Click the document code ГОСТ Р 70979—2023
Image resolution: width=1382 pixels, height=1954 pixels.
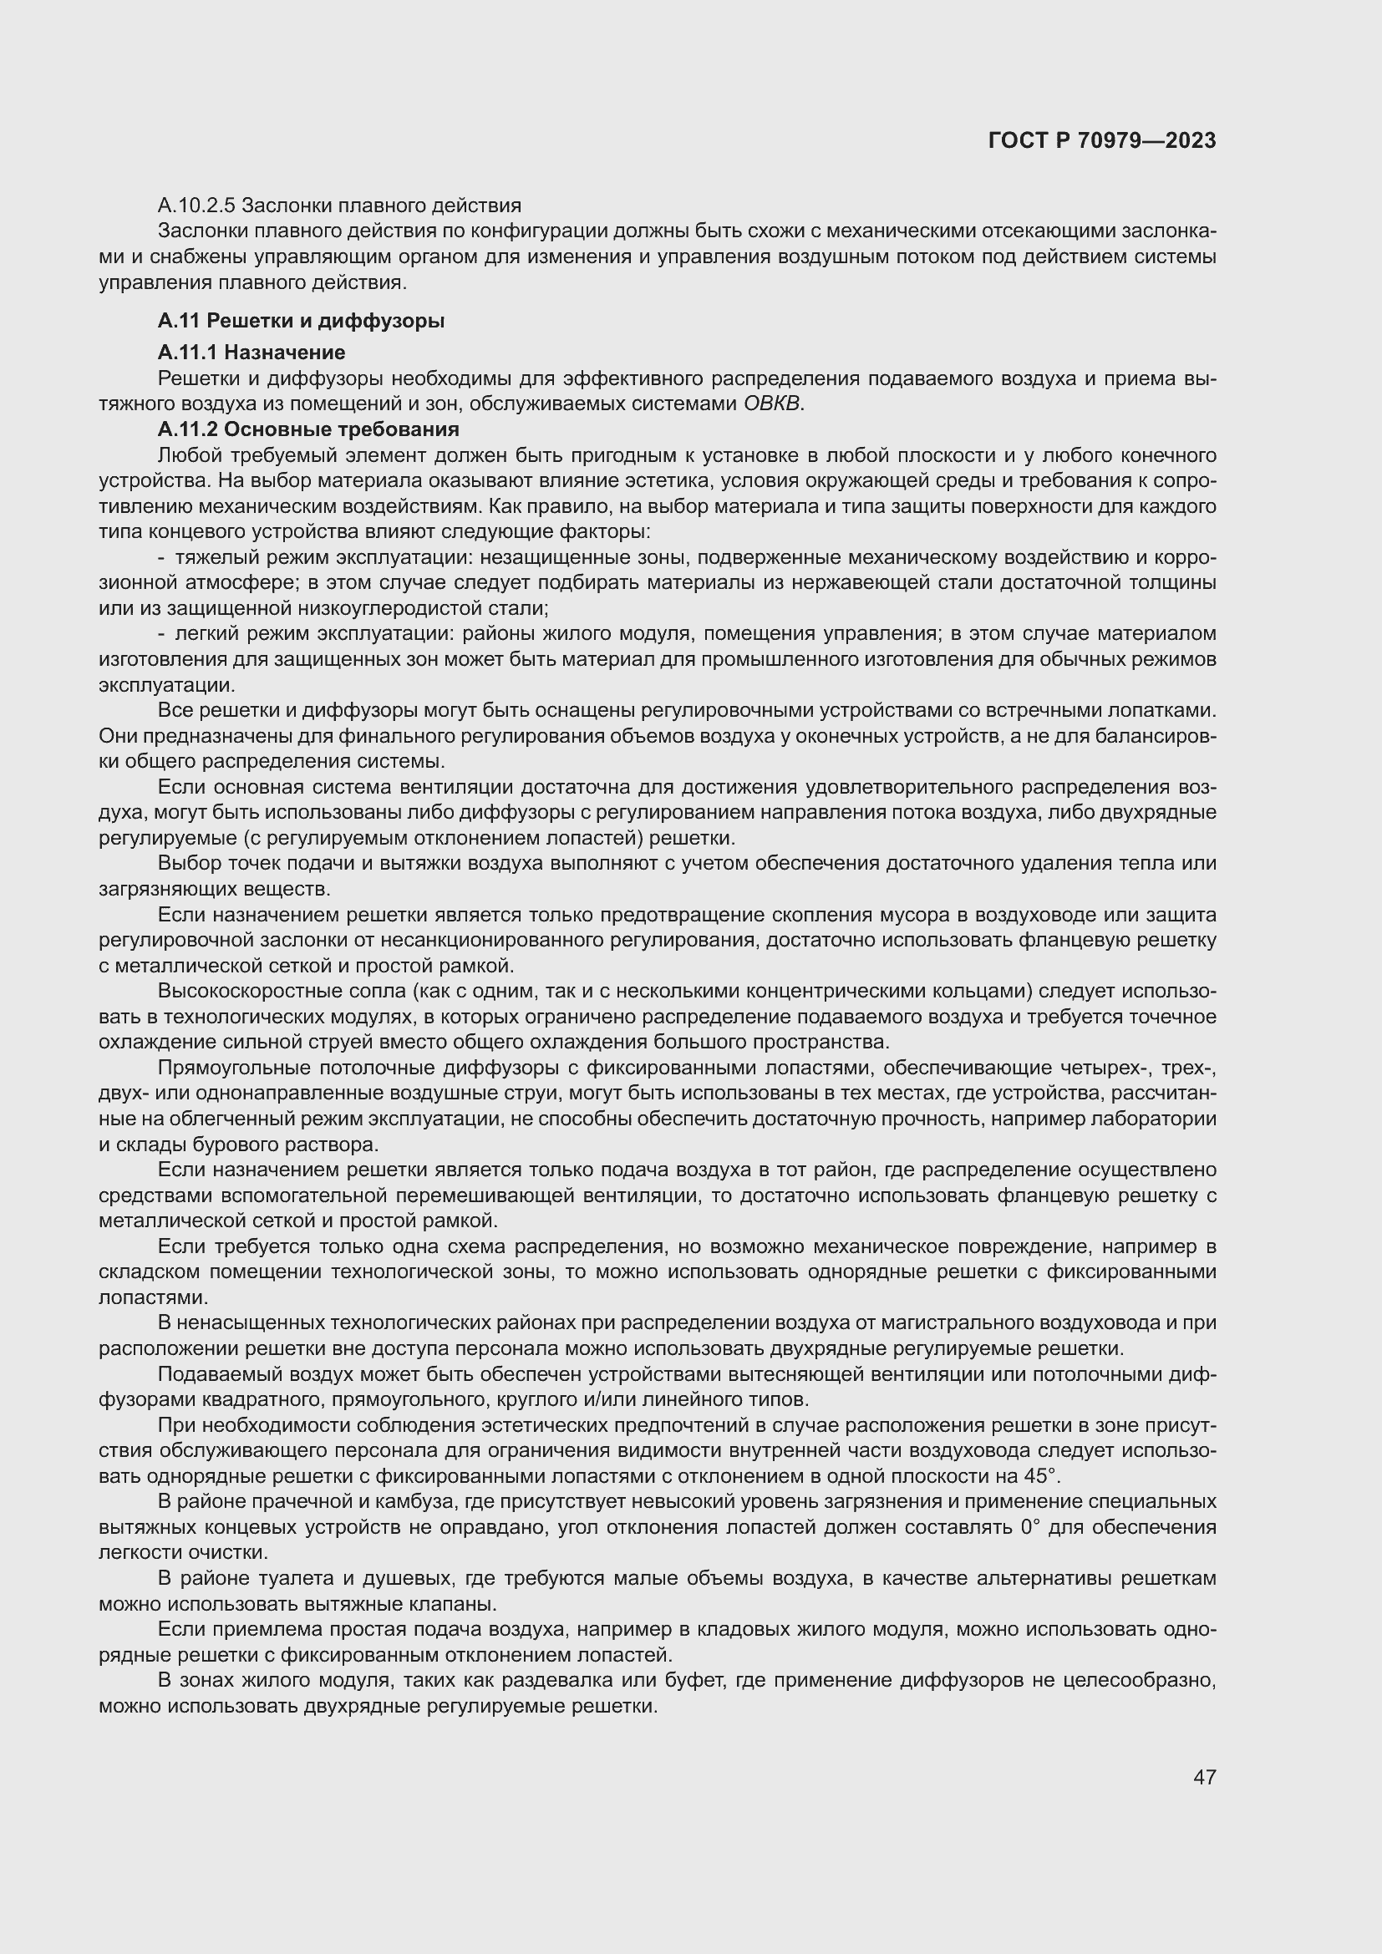(1102, 140)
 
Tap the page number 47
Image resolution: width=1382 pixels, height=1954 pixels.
(1204, 1777)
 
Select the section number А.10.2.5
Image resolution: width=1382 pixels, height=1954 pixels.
(198, 206)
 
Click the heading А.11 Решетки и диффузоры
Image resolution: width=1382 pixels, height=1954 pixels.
(301, 321)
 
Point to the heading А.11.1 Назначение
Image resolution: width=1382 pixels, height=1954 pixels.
(251, 353)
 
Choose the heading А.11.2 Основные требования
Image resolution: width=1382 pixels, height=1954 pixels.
(308, 429)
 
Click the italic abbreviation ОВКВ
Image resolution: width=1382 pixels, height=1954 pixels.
(772, 403)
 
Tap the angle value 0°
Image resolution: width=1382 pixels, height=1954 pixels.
(1029, 1527)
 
